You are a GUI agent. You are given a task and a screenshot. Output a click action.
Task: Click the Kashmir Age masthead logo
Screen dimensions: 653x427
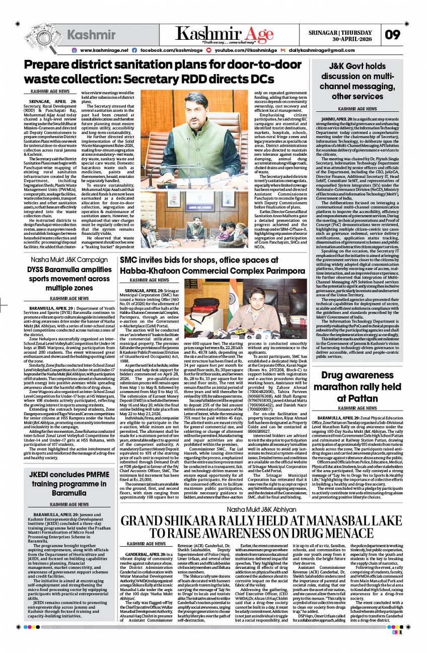[225, 34]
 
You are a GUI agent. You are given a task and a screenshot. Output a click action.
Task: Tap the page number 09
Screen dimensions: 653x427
[393, 35]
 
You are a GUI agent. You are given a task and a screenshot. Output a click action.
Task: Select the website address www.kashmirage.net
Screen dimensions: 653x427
[104, 50]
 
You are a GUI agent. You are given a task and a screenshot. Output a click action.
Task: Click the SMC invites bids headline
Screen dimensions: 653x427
[213, 266]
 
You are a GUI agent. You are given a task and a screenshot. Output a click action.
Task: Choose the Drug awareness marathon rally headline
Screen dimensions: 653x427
[357, 387]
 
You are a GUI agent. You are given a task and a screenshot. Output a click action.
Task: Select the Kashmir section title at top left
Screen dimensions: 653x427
[91, 35]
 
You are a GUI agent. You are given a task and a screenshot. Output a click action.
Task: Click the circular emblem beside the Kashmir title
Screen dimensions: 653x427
[41, 35]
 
